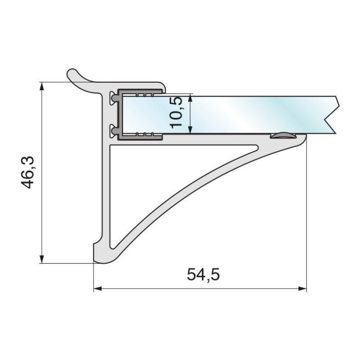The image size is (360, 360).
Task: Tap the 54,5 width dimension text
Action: click(x=203, y=275)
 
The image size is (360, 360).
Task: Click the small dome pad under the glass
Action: click(x=282, y=135)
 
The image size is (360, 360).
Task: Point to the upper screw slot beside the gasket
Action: click(x=113, y=97)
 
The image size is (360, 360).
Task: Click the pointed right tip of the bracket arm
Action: click(x=303, y=137)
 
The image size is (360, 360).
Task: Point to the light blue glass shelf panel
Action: click(x=247, y=114)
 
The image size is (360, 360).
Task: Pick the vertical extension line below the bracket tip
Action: click(x=307, y=216)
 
